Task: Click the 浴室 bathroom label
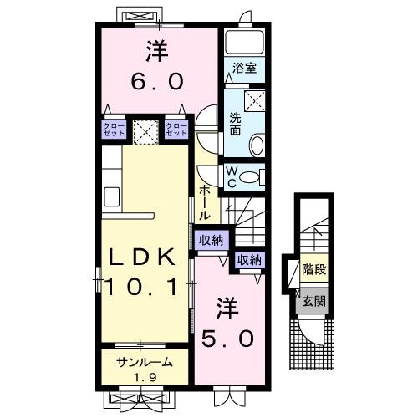(244, 68)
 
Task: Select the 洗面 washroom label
(235, 125)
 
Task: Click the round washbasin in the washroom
(257, 145)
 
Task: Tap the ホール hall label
(204, 203)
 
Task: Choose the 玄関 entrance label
(314, 301)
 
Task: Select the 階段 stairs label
(314, 269)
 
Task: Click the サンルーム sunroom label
(145, 362)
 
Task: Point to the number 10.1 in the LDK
(141, 288)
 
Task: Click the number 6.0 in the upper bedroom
(157, 81)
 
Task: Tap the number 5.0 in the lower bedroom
(228, 339)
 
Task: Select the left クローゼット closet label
(114, 130)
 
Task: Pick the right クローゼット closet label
(176, 130)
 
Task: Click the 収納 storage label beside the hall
(212, 240)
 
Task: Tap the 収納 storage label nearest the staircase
(249, 260)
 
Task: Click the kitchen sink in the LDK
(112, 196)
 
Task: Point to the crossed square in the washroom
(254, 100)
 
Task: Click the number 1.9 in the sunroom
(145, 377)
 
